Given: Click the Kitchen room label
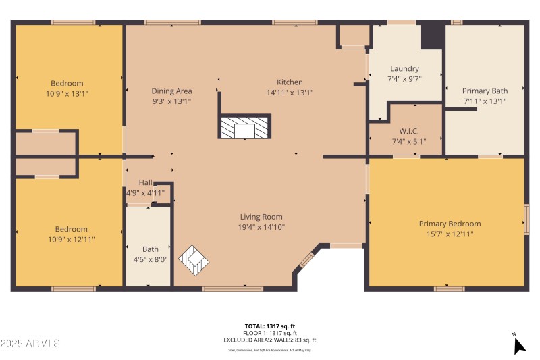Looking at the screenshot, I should pos(290,82).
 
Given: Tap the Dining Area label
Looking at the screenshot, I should pos(171,91).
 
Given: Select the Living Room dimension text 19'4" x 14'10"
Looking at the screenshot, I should pos(261,227).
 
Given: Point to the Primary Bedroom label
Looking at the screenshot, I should pos(450,224).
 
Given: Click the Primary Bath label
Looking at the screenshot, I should pos(485,91).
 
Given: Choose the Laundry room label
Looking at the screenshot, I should pos(404,68).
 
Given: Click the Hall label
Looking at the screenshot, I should pos(146,182).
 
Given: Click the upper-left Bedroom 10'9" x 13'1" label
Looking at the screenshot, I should pos(67,84).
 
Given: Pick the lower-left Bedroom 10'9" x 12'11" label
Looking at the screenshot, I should pos(71,229).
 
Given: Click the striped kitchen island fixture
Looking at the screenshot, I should pos(244,127).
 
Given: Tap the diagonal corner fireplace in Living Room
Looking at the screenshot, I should pos(194,259).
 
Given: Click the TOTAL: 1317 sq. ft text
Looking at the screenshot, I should pos(270,326).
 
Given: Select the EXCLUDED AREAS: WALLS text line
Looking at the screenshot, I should pos(270,340).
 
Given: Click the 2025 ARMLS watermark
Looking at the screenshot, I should pos(30,344).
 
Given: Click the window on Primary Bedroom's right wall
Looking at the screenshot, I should pos(526,220).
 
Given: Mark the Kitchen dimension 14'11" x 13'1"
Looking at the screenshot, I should pos(290,93).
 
